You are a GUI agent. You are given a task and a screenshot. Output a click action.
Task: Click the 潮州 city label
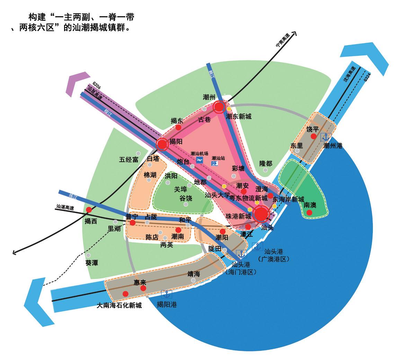click(x=209, y=97)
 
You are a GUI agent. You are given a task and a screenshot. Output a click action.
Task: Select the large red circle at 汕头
click(x=261, y=213)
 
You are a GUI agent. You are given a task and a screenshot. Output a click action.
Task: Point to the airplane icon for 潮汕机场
click(x=199, y=160)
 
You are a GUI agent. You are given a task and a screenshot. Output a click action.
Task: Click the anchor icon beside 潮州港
click(x=326, y=137)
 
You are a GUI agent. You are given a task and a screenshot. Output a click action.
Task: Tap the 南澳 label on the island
click(x=310, y=205)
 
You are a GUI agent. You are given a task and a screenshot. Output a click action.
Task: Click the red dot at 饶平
click(x=313, y=137)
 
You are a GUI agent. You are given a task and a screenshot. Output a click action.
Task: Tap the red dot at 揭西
click(x=89, y=210)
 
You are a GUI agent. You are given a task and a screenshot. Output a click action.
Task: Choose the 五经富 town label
click(x=128, y=160)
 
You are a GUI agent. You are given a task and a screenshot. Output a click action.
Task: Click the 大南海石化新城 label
click(x=119, y=306)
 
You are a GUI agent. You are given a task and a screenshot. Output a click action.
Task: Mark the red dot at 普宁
click(x=132, y=222)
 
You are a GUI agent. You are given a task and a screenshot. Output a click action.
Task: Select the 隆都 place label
click(x=266, y=164)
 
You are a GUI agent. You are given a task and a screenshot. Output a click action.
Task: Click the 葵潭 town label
click(x=91, y=263)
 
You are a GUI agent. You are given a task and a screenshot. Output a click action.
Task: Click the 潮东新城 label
click(x=239, y=117)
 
